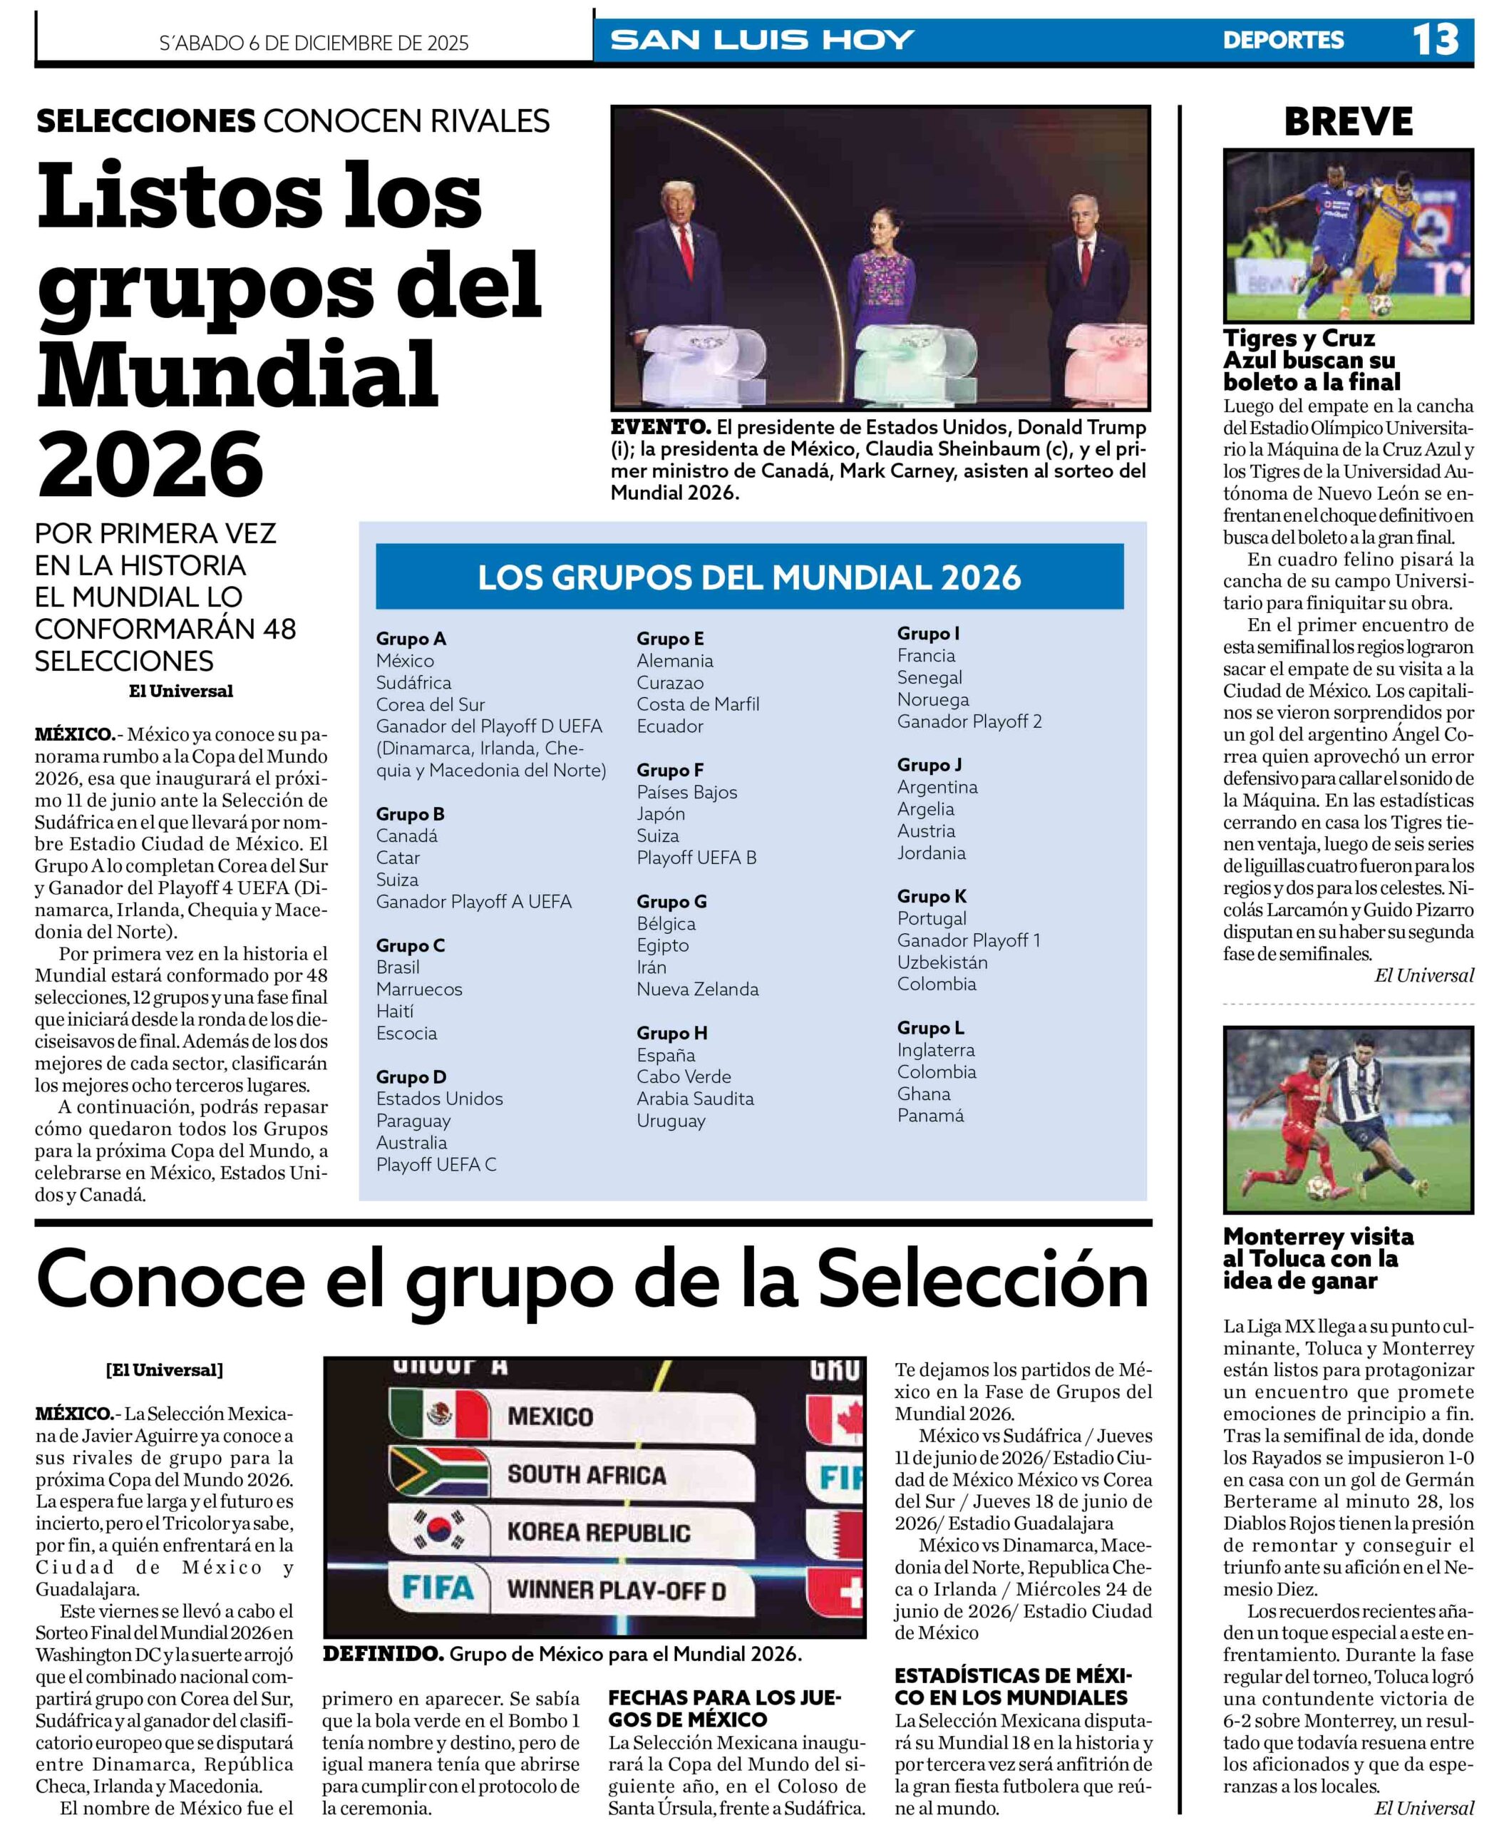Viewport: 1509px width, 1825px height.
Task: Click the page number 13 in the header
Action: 1434,40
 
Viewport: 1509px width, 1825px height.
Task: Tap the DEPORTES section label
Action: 1282,41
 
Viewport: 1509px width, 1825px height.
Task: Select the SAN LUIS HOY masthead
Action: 762,40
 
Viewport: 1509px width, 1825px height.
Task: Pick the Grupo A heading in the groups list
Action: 411,639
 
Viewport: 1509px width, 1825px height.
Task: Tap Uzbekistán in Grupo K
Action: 942,962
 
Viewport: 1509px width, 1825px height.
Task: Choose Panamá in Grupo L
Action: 929,1115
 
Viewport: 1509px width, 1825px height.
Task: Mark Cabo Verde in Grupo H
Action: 683,1076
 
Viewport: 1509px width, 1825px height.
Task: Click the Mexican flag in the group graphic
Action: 440,1416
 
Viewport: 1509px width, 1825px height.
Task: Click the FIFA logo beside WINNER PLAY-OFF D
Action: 438,1588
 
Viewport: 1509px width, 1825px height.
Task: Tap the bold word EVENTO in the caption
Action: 659,428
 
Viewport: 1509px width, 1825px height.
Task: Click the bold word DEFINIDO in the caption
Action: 382,1654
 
